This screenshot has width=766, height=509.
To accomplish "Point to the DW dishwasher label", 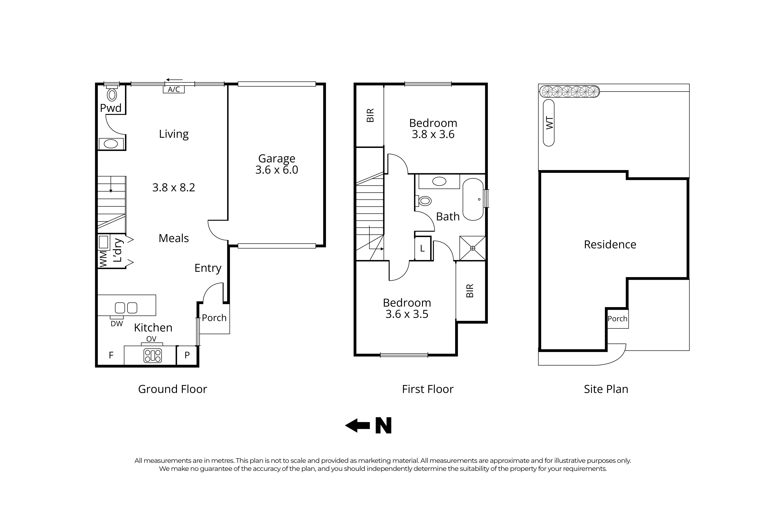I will point(117,324).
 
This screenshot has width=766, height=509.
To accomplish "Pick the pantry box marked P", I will point(187,355).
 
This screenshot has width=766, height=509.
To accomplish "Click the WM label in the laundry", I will point(103,259).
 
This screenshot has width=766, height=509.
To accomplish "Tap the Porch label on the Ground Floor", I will point(214,318).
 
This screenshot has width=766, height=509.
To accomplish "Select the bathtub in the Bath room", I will point(473,199).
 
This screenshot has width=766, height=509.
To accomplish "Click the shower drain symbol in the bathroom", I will point(473,248).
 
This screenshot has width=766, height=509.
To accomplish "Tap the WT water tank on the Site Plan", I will point(549,123).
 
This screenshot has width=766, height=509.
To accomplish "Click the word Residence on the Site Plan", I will point(610,244).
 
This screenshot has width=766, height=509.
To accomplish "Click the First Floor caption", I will point(428,389).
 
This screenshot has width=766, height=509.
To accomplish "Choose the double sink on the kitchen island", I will point(126,307).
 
